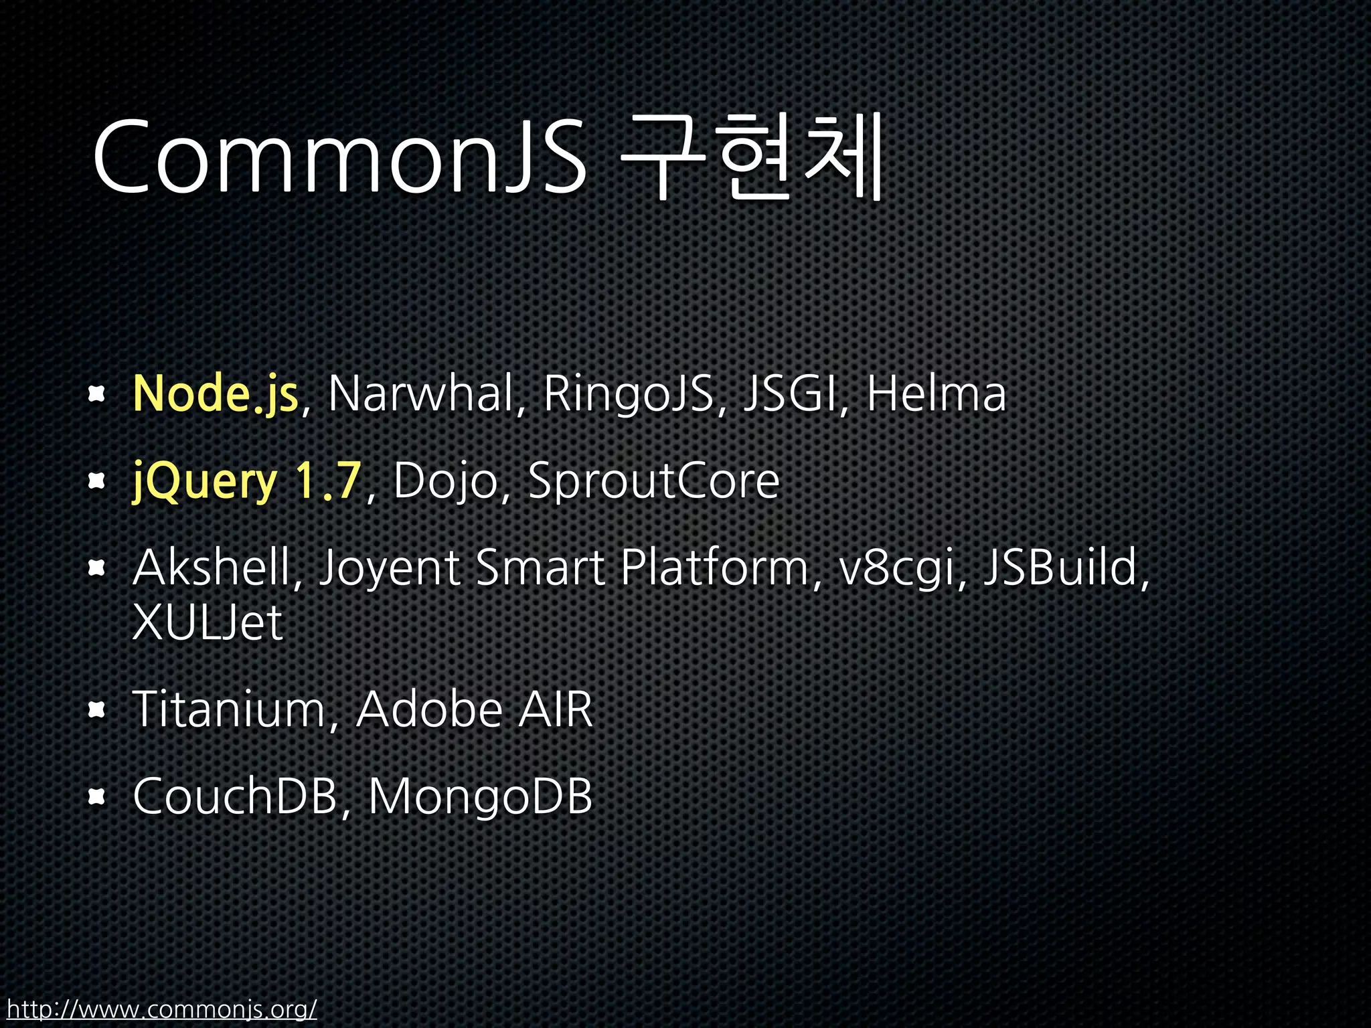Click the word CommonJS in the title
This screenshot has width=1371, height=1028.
click(339, 157)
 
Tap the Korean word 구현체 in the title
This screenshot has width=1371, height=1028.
click(753, 157)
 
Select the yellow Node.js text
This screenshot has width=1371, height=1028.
click(215, 394)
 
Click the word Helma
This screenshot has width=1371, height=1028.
click(936, 394)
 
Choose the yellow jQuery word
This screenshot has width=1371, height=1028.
click(205, 482)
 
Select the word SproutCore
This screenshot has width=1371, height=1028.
click(653, 482)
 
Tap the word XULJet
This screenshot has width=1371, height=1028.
click(208, 623)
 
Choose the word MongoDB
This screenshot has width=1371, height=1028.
click(480, 796)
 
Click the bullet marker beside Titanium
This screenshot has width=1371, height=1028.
click(97, 709)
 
